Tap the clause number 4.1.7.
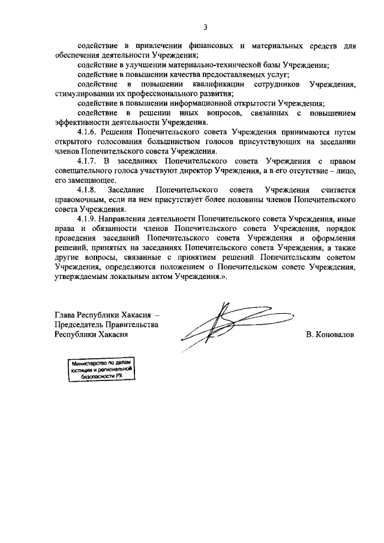point(91,162)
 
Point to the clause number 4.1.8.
point(91,190)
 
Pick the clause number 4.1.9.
point(91,219)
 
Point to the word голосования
point(110,143)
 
